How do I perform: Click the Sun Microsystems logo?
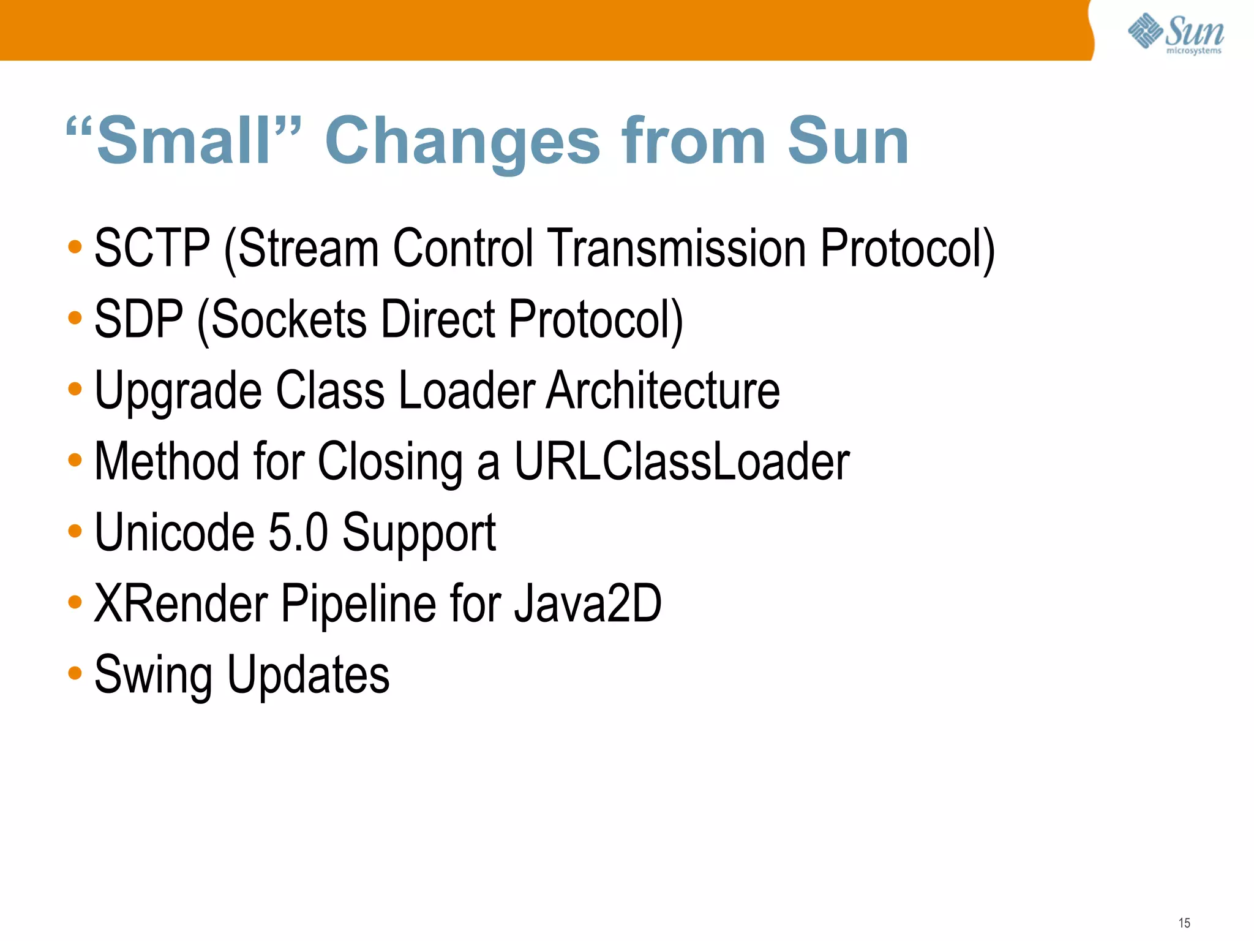[x=1176, y=34]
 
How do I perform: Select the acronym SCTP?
[x=152, y=248]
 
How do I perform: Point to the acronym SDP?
[x=139, y=319]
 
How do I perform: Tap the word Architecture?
[x=663, y=390]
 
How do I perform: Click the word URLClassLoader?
[x=681, y=461]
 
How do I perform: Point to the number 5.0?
[x=298, y=532]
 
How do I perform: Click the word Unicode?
[x=175, y=532]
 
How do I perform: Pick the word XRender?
[x=181, y=603]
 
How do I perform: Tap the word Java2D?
[x=587, y=603]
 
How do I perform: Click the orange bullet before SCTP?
[x=75, y=248]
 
